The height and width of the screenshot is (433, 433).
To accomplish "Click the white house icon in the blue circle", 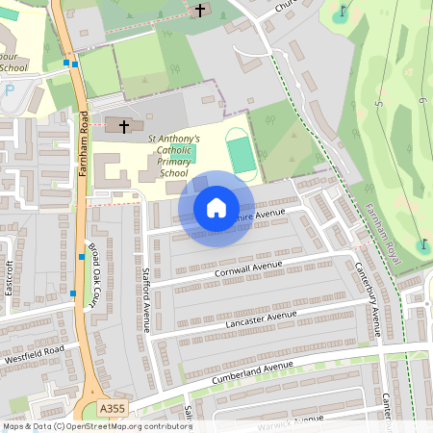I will tap(216, 208).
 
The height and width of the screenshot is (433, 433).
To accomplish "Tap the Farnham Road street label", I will tap(85, 139).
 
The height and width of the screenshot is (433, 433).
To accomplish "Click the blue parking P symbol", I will tap(10, 90).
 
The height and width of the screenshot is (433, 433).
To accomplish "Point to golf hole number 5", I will tap(380, 103).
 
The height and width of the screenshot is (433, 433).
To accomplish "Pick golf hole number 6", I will tap(423, 99).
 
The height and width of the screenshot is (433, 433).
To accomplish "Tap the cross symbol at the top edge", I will tap(200, 11).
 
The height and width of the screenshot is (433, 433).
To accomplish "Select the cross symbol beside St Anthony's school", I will tap(123, 125).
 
